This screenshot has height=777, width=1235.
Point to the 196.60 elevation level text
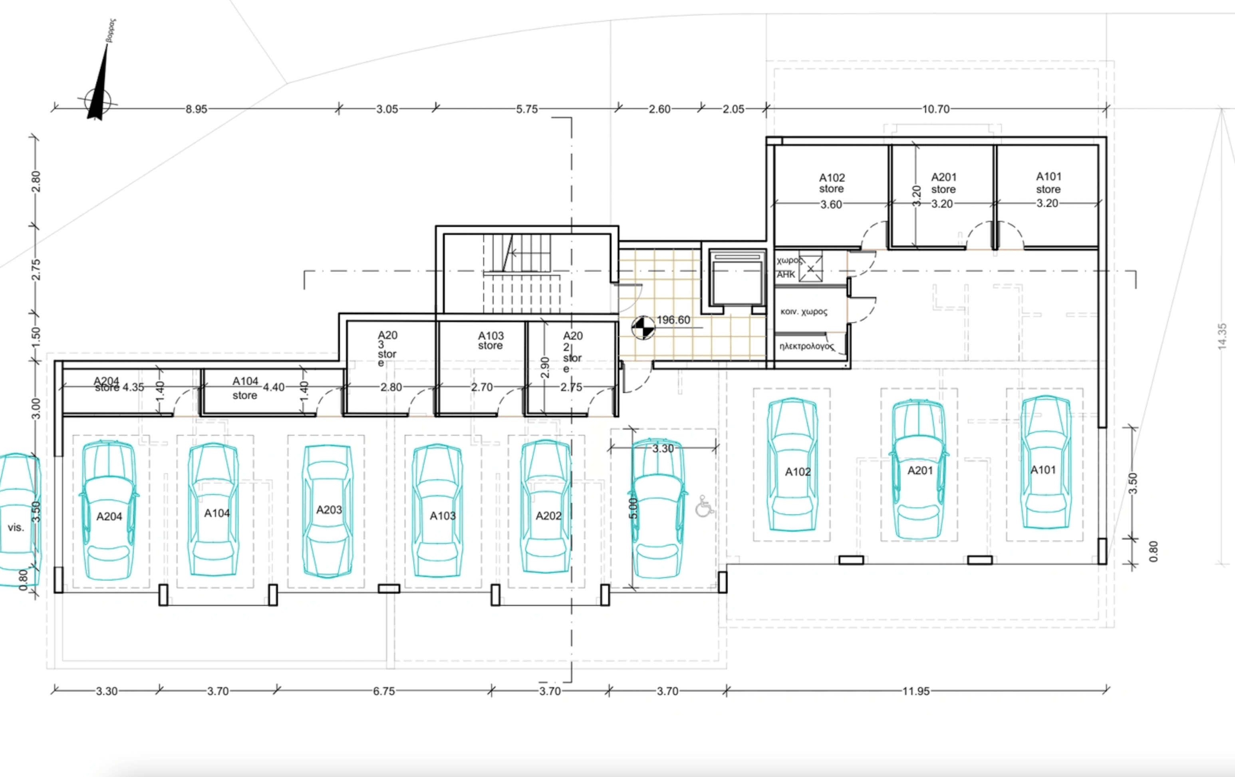(x=673, y=320)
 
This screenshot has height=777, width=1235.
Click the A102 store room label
(x=831, y=183)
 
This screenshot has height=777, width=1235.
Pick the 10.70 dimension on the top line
(x=935, y=109)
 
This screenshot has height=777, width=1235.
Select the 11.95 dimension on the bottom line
(x=916, y=691)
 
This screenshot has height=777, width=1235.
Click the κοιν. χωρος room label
(x=804, y=311)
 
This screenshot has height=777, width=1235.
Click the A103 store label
(x=491, y=340)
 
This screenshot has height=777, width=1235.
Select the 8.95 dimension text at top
(x=197, y=109)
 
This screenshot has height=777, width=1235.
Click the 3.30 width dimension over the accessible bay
(x=663, y=448)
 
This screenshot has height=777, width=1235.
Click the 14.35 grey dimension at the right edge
(x=1222, y=336)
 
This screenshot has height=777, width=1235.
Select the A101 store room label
(x=1048, y=182)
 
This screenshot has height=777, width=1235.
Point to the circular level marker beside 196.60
(x=643, y=328)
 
